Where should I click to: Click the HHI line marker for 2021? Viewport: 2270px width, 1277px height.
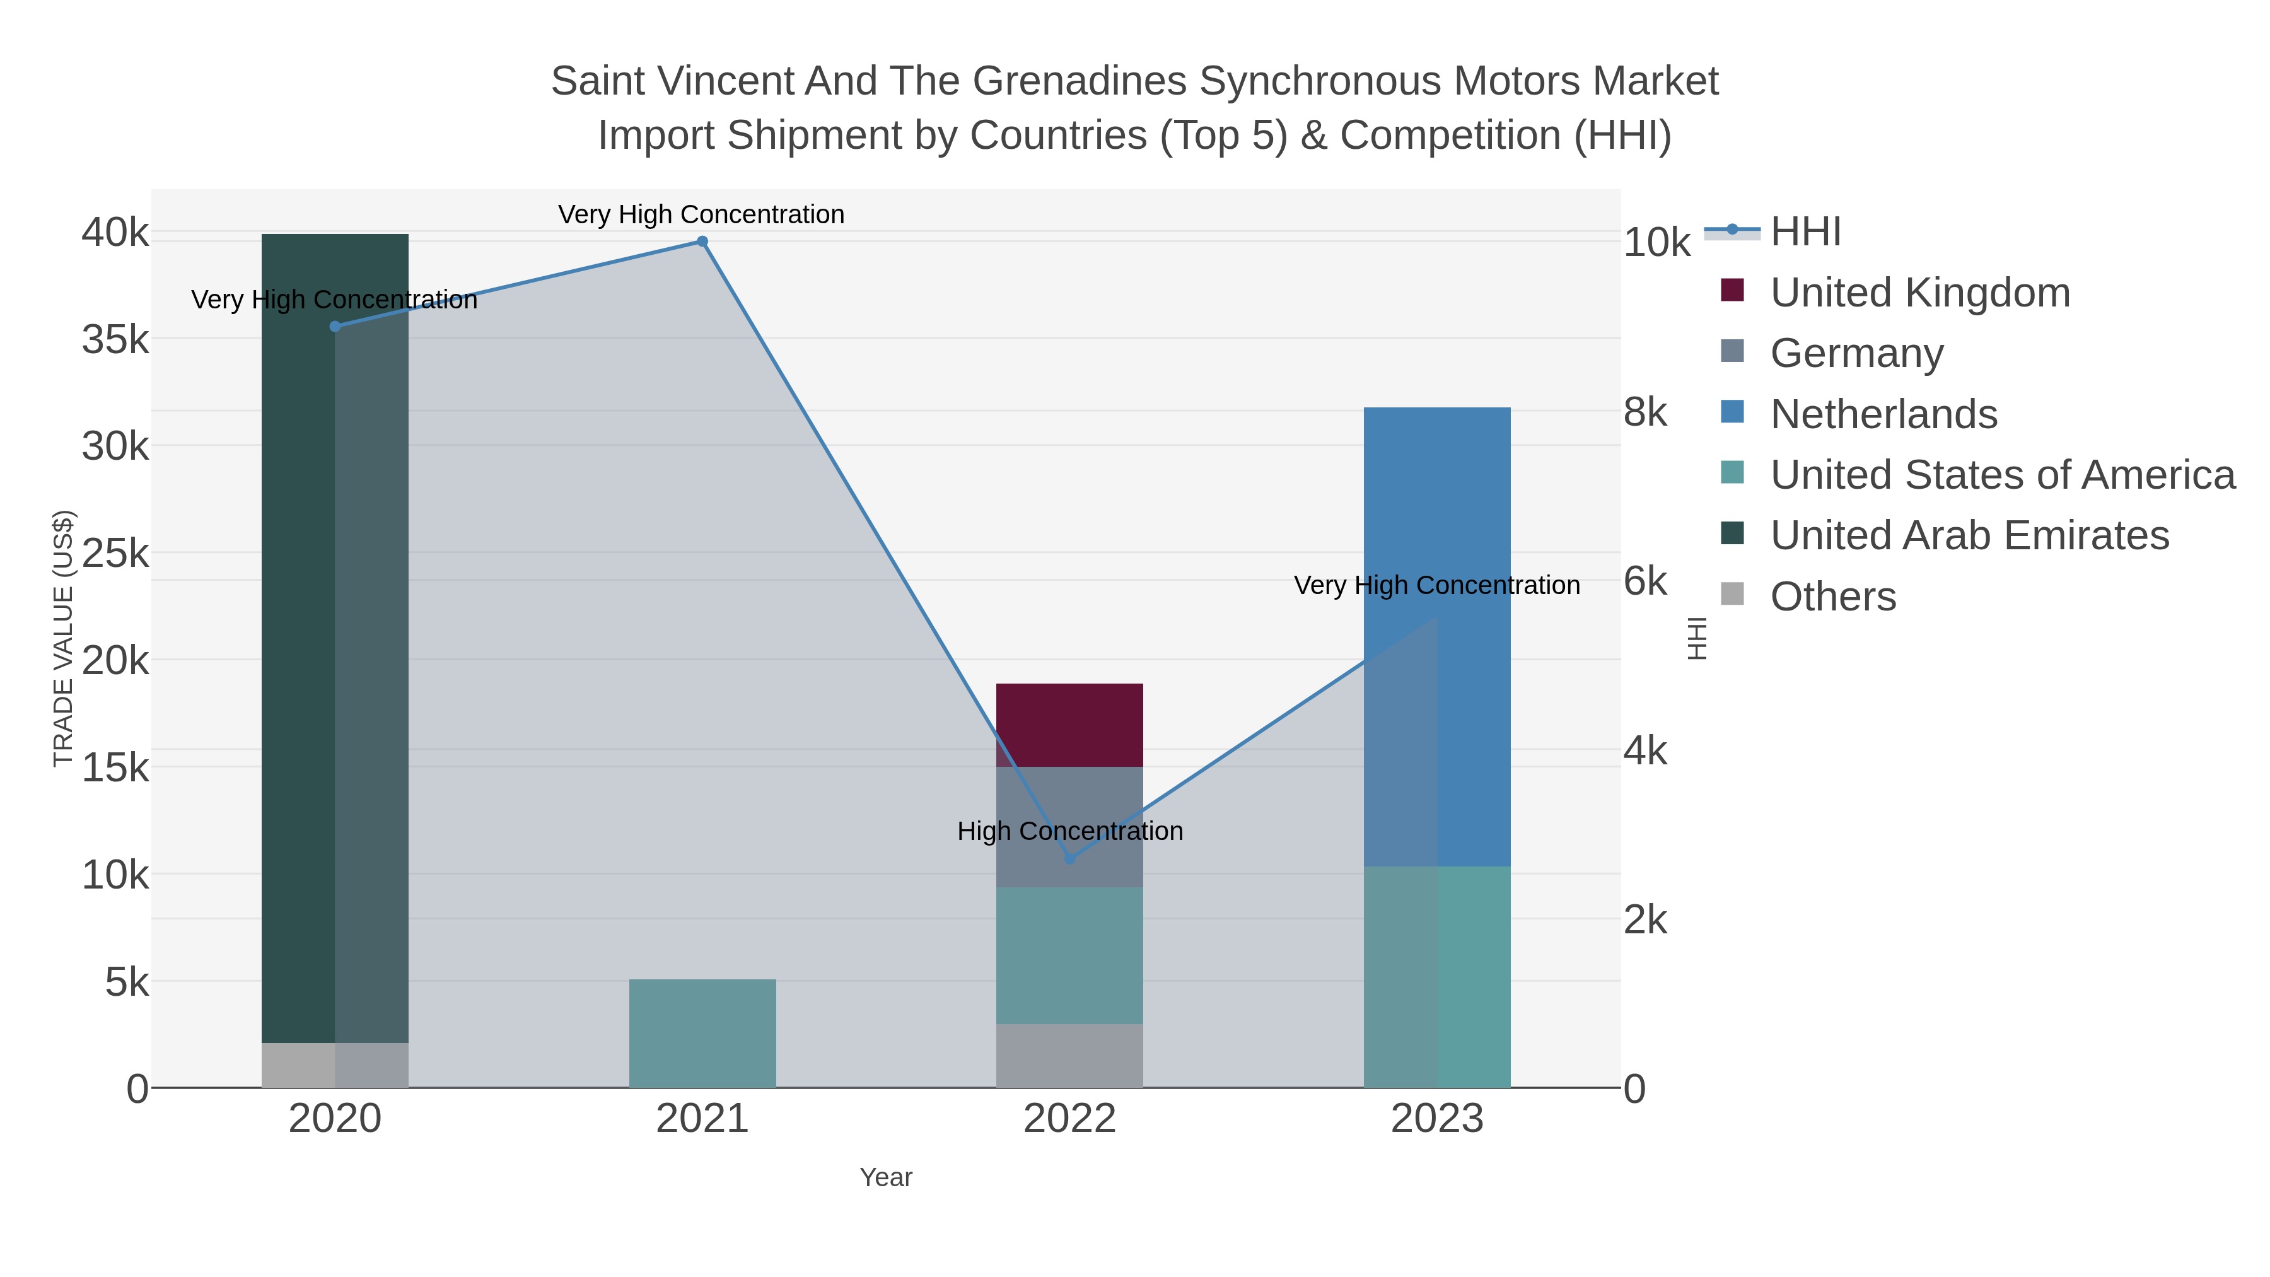tap(702, 242)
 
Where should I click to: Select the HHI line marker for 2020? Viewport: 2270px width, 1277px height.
tap(335, 326)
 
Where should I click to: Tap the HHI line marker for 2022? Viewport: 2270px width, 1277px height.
tap(1070, 858)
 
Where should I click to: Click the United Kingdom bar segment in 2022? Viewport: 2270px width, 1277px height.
tap(1070, 725)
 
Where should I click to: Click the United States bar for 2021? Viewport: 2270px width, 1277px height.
tap(702, 1033)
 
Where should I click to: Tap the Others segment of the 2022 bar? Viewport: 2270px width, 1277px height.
tap(1070, 1056)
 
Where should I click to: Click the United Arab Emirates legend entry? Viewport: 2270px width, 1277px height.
tap(1969, 535)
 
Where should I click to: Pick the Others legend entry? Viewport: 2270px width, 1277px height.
tap(1833, 597)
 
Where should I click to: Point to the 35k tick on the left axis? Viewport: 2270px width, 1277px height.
tap(115, 339)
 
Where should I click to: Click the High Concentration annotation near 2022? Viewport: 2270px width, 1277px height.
tap(1070, 831)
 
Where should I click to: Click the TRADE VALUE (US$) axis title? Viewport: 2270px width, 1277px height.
tap(64, 638)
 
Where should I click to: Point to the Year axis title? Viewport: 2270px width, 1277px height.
tap(886, 1177)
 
